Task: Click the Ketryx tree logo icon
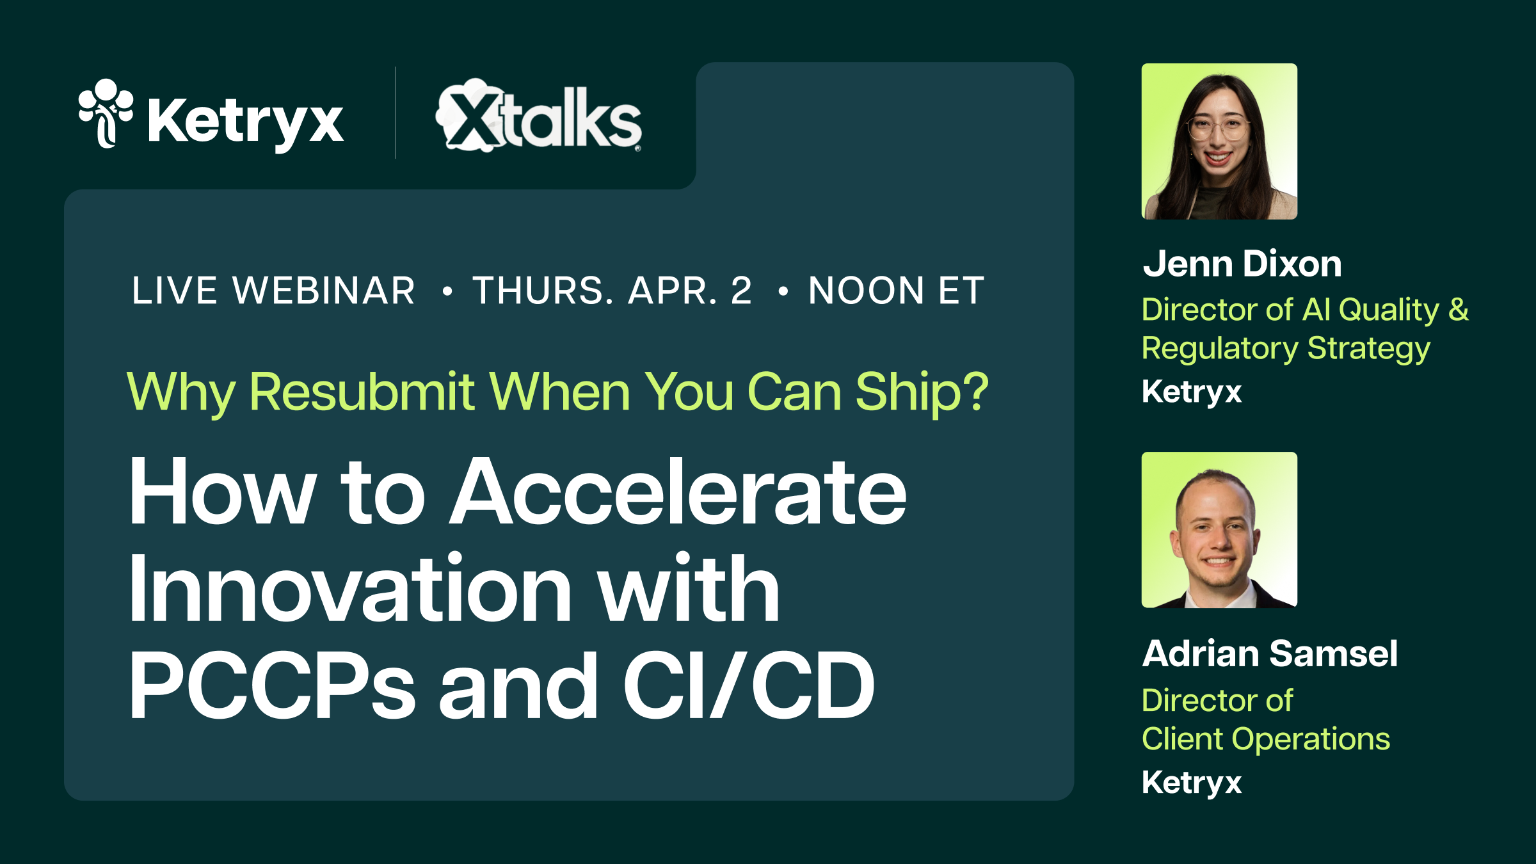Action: (x=106, y=113)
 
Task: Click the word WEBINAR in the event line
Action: (x=324, y=291)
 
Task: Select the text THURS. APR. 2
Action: (x=612, y=291)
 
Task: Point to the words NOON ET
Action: (x=896, y=291)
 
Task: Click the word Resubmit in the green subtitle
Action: (x=362, y=392)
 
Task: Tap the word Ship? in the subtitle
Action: (x=922, y=392)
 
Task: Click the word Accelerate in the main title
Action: (x=678, y=493)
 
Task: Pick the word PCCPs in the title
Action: (x=272, y=686)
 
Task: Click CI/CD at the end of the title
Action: (x=749, y=686)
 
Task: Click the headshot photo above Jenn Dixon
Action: (x=1219, y=141)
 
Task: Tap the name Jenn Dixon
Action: (x=1242, y=264)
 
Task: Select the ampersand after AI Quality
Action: (x=1459, y=310)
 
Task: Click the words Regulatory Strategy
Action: (x=1285, y=349)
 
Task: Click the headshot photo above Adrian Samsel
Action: (x=1219, y=530)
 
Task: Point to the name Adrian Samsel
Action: (x=1270, y=653)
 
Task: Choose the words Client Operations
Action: (x=1265, y=739)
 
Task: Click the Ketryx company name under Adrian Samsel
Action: (x=1192, y=783)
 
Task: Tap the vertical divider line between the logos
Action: (x=396, y=113)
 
